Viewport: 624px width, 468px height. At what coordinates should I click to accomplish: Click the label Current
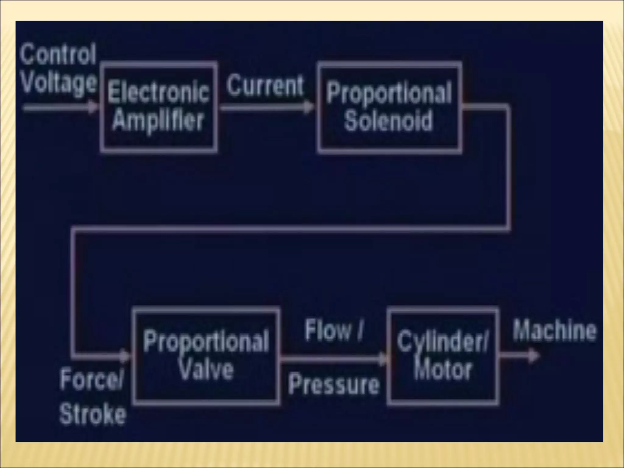point(265,86)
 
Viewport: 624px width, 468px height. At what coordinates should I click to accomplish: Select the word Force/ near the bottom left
point(92,380)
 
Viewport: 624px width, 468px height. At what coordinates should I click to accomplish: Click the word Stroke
point(93,414)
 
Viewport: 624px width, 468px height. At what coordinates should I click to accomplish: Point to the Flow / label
point(334,330)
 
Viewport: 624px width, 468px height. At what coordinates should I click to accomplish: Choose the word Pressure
point(334,384)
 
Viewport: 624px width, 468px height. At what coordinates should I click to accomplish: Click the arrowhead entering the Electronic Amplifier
point(93,107)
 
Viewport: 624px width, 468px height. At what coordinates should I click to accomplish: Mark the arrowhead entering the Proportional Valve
point(125,356)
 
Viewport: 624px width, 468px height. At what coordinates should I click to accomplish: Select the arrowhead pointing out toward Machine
point(533,356)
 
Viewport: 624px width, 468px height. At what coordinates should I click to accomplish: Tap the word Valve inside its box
point(206,369)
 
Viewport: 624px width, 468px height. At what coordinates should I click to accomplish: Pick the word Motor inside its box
point(443,370)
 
